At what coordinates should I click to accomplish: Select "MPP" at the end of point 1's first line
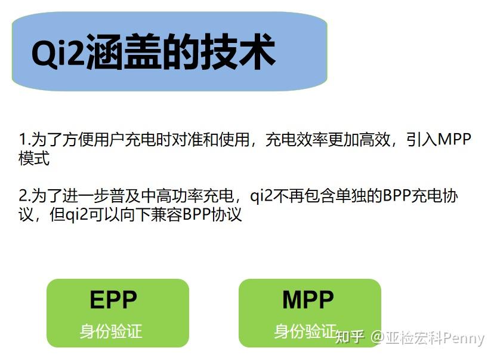pos(454,140)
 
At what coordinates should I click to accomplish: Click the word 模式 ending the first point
pos(34,159)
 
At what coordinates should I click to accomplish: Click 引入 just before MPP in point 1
pos(421,140)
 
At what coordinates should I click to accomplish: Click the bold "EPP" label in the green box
pos(113,300)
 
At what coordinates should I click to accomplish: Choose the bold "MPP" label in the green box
pos(308,300)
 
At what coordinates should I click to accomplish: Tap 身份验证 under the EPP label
pos(111,331)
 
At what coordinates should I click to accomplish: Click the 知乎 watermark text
pos(350,338)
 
